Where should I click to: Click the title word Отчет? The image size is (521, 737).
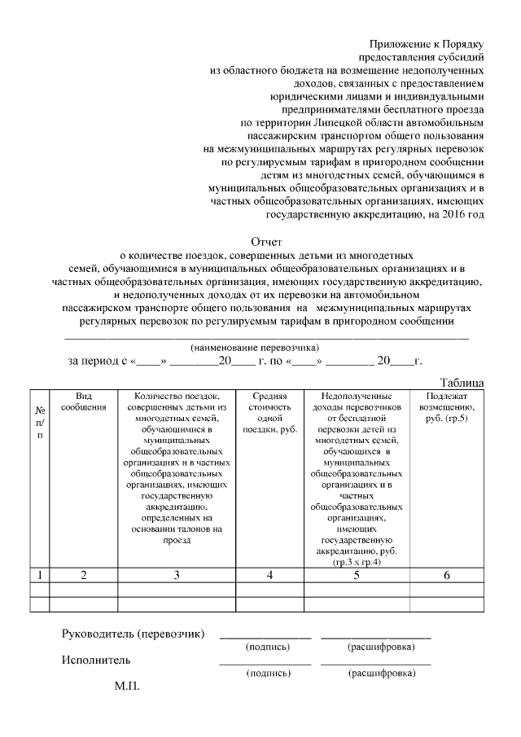pos(265,242)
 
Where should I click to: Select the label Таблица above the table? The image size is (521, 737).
pos(462,382)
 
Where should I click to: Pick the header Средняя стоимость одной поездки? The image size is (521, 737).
pos(269,412)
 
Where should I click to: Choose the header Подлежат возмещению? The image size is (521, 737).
pos(446,406)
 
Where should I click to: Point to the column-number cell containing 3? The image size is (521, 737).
pos(175,575)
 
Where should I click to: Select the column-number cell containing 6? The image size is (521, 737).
pos(446,575)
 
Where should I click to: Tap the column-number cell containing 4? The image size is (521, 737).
pos(269,575)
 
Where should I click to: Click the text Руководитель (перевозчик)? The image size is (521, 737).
pos(134,634)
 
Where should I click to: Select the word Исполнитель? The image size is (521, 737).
pos(96,659)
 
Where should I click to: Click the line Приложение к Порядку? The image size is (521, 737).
pos(427,42)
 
